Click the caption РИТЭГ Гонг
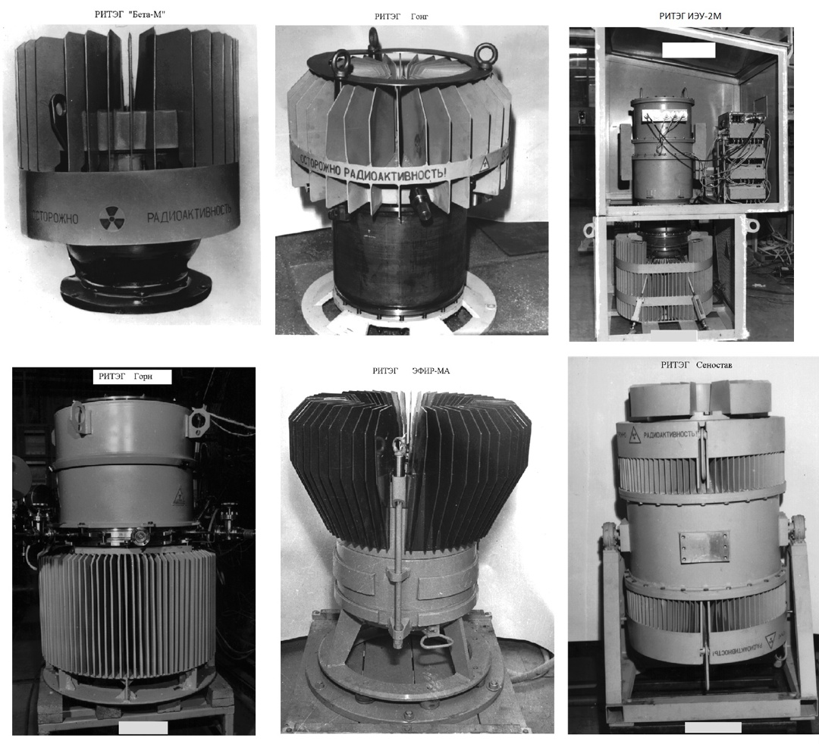coord(401,16)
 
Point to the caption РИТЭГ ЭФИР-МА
coord(416,370)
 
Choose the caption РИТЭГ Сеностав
coord(696,365)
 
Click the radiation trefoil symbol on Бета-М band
coord(111,216)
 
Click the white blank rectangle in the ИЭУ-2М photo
coord(688,50)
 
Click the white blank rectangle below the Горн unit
coord(143,727)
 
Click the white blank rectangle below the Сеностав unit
coord(712,727)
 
